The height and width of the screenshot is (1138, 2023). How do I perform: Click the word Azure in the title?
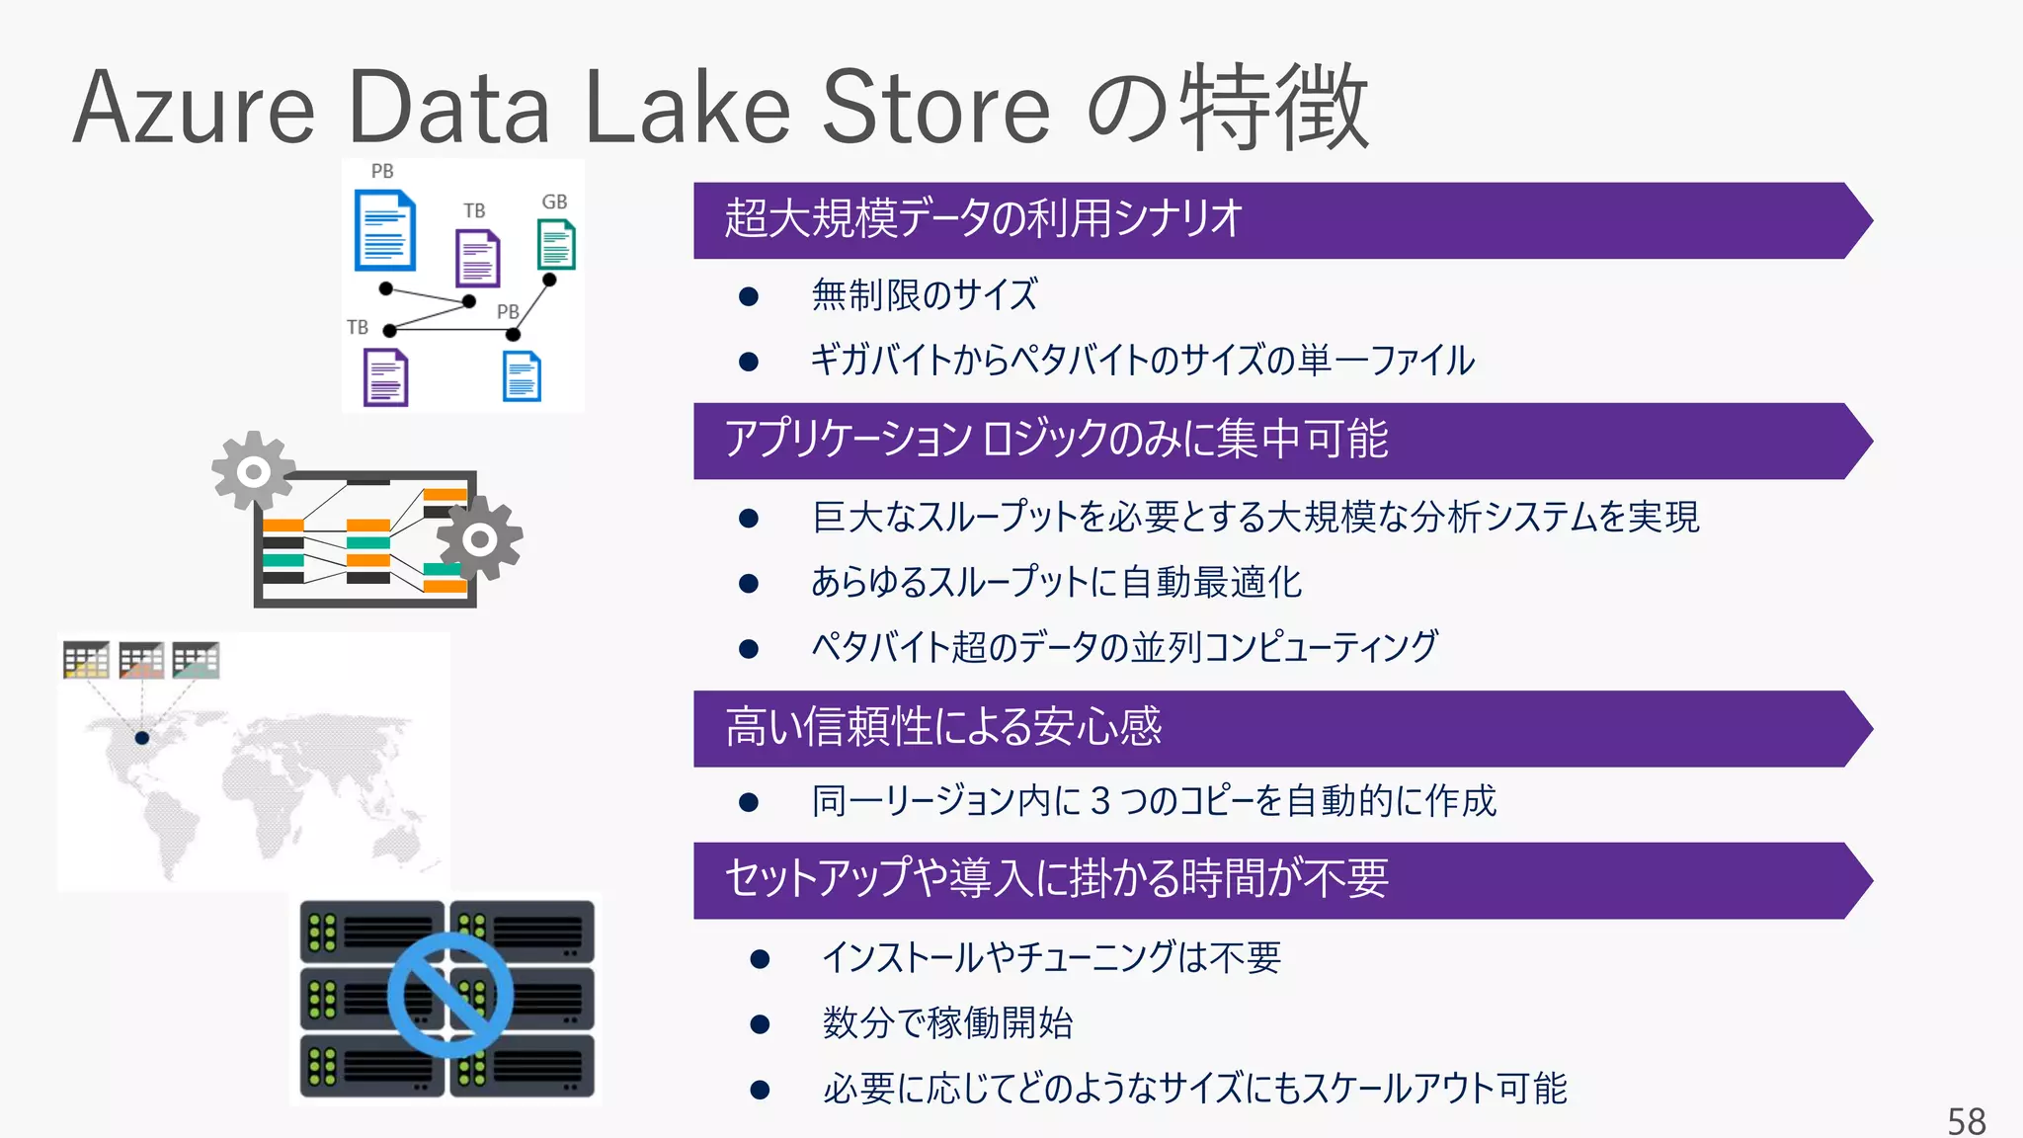point(194,108)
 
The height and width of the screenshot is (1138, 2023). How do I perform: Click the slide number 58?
point(1966,1120)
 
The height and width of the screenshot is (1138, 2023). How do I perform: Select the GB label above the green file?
point(554,202)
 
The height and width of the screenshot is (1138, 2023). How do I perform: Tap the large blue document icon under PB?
point(384,231)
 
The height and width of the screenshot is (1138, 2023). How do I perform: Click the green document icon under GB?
point(556,244)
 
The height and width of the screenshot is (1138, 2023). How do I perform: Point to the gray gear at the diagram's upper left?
point(253,471)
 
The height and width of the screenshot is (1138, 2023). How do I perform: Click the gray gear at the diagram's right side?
point(480,538)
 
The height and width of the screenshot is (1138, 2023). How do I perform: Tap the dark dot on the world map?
point(142,738)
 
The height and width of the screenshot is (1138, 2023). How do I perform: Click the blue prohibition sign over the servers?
point(450,996)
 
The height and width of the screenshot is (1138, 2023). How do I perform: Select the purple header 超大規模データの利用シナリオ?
point(983,219)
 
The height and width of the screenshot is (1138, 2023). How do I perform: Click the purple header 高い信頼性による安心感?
point(943,728)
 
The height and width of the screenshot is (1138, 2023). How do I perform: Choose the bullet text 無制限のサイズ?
point(925,294)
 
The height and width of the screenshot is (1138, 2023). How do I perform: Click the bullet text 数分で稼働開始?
point(947,1022)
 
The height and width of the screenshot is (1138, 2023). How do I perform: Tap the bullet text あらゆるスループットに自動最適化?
point(1056,582)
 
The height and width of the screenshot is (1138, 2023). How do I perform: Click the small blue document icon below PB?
point(522,376)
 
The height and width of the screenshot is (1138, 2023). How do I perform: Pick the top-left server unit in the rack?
point(372,931)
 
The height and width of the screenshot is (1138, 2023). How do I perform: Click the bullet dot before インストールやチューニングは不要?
point(760,958)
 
